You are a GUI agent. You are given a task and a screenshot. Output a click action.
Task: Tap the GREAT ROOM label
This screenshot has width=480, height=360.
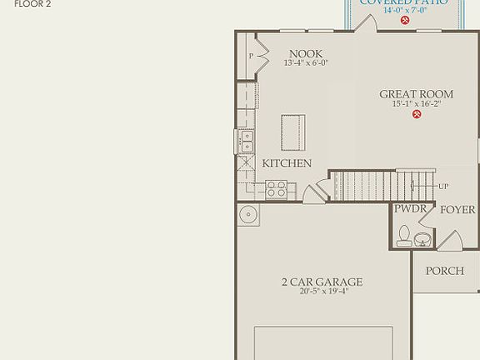pos(416,94)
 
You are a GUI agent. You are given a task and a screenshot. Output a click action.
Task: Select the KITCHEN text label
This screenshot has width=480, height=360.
pos(287,163)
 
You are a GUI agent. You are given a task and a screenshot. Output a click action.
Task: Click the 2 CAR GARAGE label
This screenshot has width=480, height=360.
pos(321,282)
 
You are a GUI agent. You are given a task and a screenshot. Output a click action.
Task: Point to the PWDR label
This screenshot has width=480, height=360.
pos(411,209)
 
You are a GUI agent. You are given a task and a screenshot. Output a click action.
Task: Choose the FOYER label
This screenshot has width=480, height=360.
pos(457,209)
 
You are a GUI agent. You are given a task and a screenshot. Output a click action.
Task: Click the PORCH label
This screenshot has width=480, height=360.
pos(444,271)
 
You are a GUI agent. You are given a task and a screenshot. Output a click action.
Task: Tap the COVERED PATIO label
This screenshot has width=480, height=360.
pos(403,2)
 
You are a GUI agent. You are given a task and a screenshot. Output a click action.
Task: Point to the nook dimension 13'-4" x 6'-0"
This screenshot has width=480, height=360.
pos(305,63)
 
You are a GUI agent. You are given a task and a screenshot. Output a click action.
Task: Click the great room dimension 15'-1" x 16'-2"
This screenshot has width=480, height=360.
pos(416,104)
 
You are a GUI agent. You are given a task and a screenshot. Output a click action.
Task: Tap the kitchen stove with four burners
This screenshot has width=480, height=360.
pos(277,190)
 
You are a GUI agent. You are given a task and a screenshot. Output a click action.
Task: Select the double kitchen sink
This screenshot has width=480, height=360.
pos(247,142)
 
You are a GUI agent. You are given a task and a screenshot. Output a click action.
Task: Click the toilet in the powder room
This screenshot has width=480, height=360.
pos(404,236)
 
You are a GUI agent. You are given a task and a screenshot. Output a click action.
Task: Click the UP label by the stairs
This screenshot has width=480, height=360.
pos(442,186)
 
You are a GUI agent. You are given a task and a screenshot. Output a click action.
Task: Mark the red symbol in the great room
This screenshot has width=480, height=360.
pos(416,116)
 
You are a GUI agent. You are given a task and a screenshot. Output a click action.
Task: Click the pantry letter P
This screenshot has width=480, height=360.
pos(251,57)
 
